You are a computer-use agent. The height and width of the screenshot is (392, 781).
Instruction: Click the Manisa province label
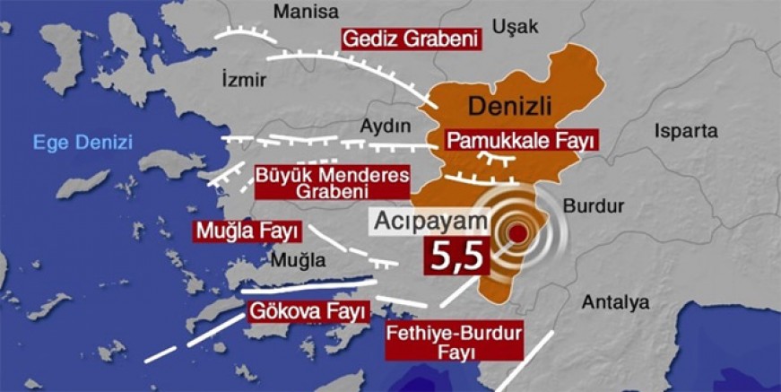(x=307, y=12)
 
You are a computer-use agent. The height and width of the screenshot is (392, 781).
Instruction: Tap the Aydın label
(x=385, y=126)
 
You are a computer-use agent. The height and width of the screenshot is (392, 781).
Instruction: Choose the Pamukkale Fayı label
(x=522, y=141)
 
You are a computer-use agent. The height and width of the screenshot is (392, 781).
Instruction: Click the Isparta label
(x=687, y=131)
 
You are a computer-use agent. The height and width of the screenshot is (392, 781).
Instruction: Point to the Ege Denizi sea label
(x=82, y=142)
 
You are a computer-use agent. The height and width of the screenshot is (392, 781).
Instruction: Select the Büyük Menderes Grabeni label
(x=332, y=182)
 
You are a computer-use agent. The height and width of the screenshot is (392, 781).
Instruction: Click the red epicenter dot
(x=518, y=235)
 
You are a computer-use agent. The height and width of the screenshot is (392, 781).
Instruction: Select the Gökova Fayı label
(x=308, y=311)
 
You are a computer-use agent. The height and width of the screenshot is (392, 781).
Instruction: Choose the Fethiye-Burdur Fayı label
(x=456, y=343)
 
